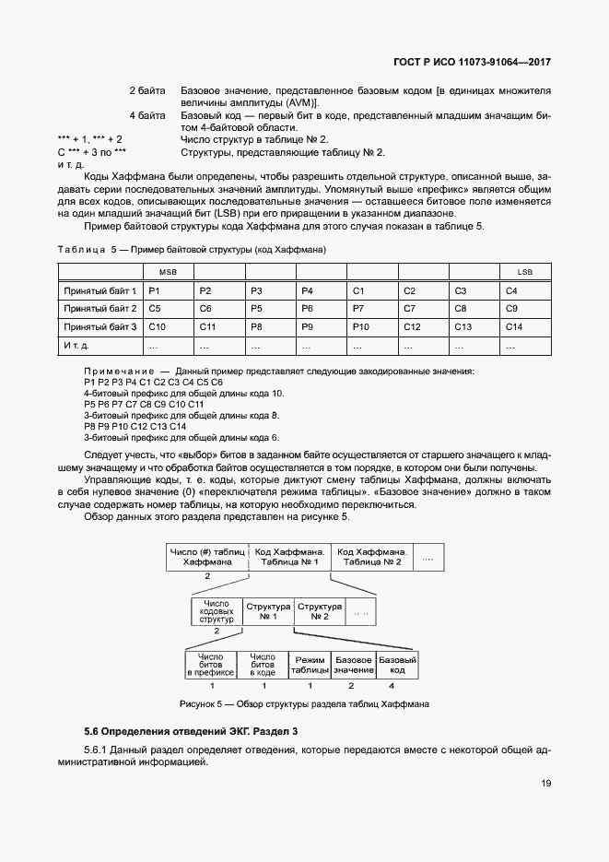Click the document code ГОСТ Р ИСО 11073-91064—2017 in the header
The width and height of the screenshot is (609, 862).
click(472, 64)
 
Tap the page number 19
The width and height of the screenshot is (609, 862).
click(545, 784)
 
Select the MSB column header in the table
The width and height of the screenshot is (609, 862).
click(169, 271)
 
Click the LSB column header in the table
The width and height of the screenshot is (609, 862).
click(524, 271)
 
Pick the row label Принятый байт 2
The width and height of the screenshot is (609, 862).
click(100, 308)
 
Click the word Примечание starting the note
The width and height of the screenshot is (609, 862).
click(114, 370)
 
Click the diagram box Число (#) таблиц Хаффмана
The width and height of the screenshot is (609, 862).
click(207, 556)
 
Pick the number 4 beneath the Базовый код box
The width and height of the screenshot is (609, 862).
click(392, 686)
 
